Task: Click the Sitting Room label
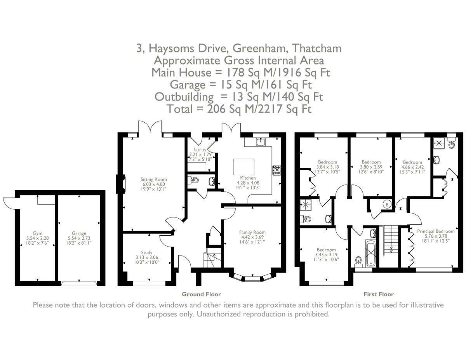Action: (x=153, y=179)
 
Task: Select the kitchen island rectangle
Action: (x=243, y=167)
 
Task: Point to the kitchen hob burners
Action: (x=278, y=170)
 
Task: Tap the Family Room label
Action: (x=252, y=232)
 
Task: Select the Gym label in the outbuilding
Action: (x=38, y=233)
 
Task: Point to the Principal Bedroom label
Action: (x=436, y=231)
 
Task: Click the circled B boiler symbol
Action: (x=386, y=204)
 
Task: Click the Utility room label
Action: (x=200, y=149)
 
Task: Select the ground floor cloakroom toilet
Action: (x=195, y=180)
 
